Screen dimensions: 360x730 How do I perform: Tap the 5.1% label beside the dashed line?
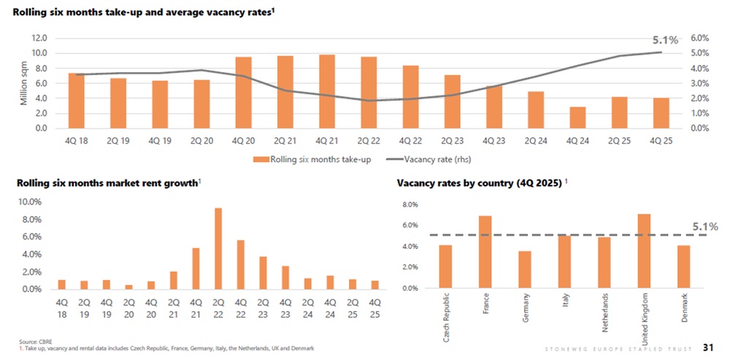click(705, 227)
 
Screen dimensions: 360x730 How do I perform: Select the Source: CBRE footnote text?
click(35, 342)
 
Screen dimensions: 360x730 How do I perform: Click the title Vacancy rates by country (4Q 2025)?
click(478, 184)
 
